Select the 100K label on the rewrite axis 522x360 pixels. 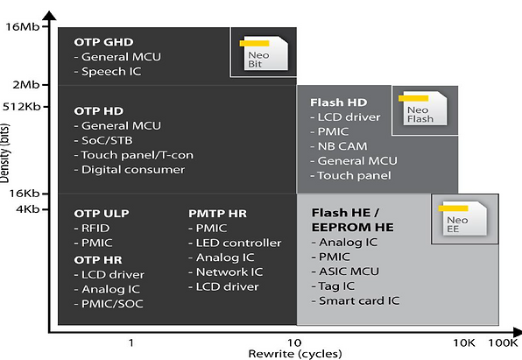(x=504, y=342)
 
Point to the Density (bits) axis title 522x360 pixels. (x=7, y=158)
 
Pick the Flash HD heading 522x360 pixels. (x=339, y=102)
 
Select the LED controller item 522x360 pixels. (x=237, y=243)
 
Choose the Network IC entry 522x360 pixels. (x=229, y=272)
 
